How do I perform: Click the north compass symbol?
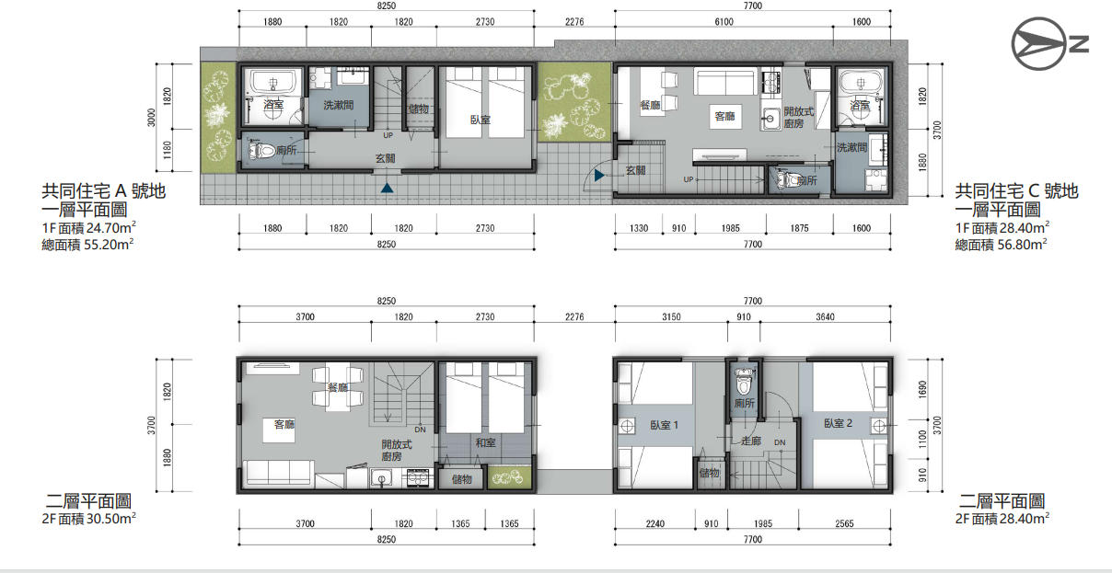point(1050,43)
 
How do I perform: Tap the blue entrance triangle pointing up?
point(388,188)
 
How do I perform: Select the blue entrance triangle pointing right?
point(599,175)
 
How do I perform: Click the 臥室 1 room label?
point(664,425)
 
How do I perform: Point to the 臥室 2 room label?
point(838,423)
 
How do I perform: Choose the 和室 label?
point(485,442)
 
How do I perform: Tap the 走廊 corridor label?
point(750,441)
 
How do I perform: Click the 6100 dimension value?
point(724,22)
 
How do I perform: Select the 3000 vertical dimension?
point(151,118)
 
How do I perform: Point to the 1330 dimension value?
point(639,228)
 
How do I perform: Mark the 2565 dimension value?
point(844,523)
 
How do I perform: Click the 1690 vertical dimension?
point(922,389)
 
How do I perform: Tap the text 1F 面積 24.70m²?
point(89,228)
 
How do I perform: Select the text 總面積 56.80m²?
point(1001,245)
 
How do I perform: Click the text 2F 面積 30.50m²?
point(89,519)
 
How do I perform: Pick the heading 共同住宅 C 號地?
point(1016,191)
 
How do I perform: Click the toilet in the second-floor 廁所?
point(744,381)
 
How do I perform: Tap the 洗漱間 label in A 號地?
point(338,105)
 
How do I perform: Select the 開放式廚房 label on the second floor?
point(396,450)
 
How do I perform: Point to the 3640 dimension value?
point(825,317)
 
